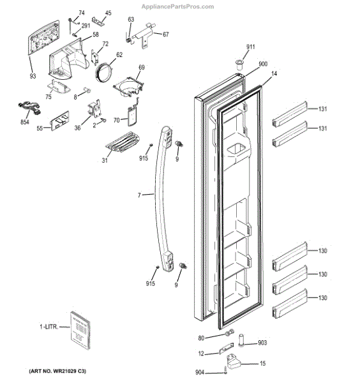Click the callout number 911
[251, 47]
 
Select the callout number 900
[262, 65]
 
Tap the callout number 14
[274, 75]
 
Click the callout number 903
[262, 343]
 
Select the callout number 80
[201, 338]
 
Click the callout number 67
[165, 34]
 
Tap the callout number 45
[108, 13]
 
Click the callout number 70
[116, 120]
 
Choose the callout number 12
[201, 354]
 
